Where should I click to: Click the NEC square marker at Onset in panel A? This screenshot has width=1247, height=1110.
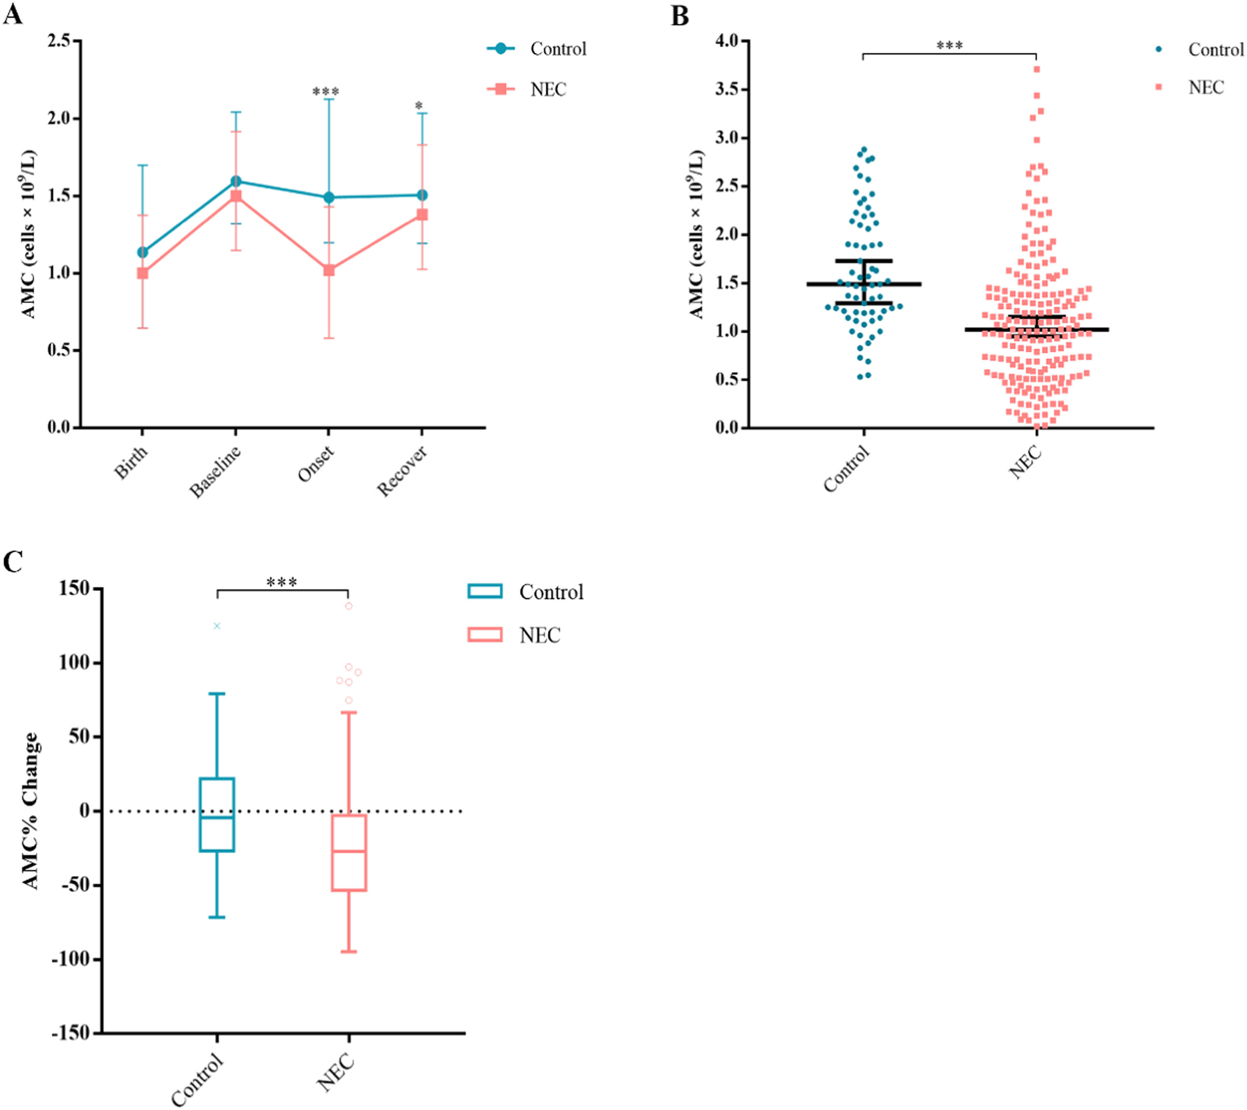(329, 270)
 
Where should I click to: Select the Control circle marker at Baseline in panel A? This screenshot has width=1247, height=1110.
(236, 181)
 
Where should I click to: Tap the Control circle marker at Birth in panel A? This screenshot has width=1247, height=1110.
(143, 252)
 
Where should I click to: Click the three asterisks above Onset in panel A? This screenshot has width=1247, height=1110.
(326, 92)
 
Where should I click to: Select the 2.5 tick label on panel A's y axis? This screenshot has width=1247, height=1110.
(60, 41)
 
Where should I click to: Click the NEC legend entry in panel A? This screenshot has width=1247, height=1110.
(548, 90)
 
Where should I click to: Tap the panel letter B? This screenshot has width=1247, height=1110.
(680, 16)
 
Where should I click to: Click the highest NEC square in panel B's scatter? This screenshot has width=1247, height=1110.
(1037, 69)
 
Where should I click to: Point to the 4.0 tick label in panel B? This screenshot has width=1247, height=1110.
(727, 41)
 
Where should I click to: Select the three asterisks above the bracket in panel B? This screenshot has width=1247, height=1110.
(949, 46)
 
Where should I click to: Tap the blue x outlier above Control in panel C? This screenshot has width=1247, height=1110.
(217, 626)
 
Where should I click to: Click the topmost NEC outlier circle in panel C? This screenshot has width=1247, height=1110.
(349, 606)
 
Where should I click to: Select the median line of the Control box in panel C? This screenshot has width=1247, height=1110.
(217, 818)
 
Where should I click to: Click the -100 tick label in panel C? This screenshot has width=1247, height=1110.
(71, 959)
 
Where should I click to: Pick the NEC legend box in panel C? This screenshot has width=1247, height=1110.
(485, 635)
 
